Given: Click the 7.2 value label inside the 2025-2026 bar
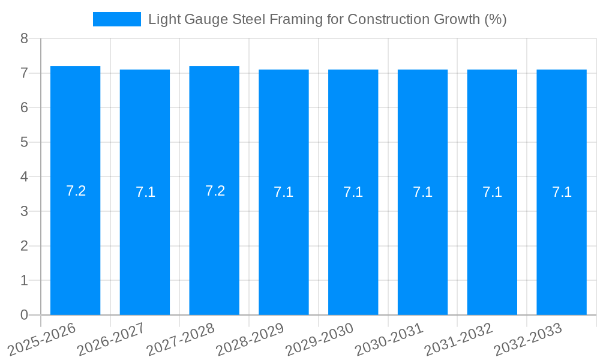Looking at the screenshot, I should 76,191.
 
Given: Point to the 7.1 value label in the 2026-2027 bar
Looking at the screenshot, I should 145,192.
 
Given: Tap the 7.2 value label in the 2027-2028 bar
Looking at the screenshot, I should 215,191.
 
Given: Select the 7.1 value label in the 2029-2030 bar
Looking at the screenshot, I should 353,192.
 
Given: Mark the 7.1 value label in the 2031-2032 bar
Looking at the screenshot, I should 492,192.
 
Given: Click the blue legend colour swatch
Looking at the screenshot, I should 117,19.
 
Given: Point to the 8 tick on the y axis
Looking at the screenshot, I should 24,38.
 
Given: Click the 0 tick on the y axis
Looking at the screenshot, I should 24,315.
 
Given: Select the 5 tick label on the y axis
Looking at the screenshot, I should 24,142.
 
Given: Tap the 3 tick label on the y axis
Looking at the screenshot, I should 24,211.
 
